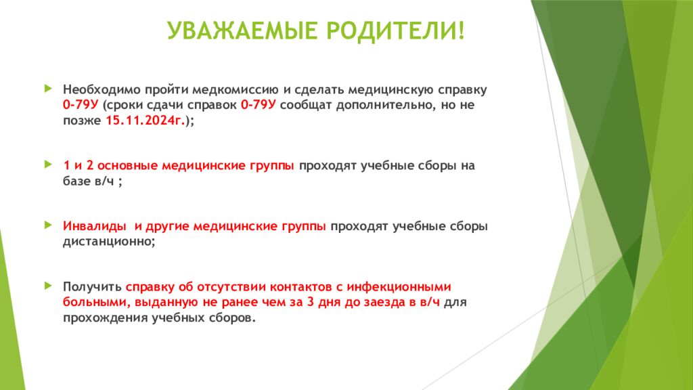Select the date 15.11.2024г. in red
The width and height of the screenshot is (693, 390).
pos(146,121)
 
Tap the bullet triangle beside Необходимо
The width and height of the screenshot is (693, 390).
pos(47,89)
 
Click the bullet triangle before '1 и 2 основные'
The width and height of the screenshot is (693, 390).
pos(47,164)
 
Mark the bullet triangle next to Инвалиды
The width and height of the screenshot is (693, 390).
pos(47,224)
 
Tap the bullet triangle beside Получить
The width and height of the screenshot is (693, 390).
pos(47,284)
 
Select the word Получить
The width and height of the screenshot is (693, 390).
pos(93,286)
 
